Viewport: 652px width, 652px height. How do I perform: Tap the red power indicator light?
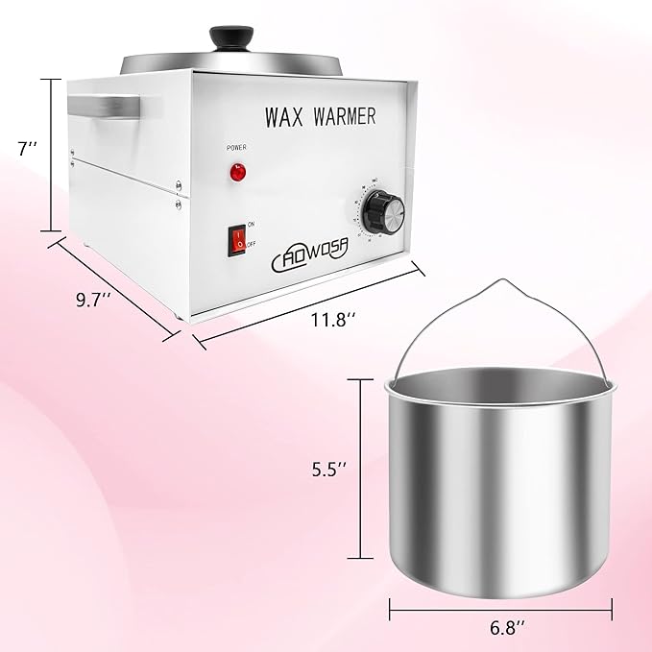tap(236, 173)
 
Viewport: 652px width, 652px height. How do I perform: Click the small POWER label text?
tap(236, 148)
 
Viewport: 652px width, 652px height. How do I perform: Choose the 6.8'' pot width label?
tap(499, 630)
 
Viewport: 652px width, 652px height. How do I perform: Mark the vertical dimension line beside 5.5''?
tap(361, 469)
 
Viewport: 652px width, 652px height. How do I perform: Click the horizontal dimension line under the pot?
tap(499, 606)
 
